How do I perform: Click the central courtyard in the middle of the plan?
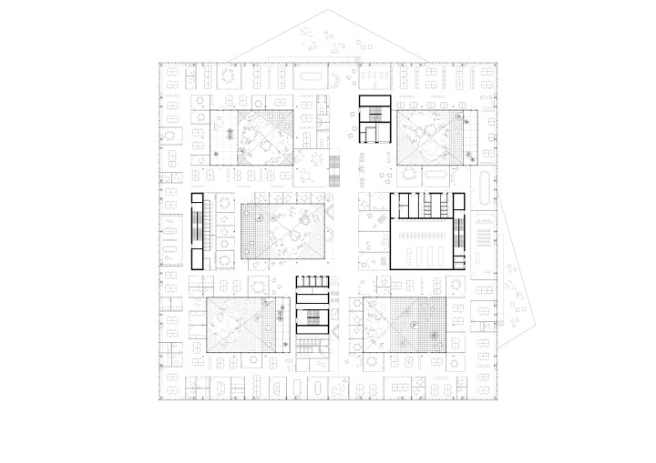click(x=282, y=231)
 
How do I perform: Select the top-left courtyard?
click(x=265, y=137)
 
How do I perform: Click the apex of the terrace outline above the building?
click(x=327, y=10)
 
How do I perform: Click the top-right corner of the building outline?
click(x=499, y=62)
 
